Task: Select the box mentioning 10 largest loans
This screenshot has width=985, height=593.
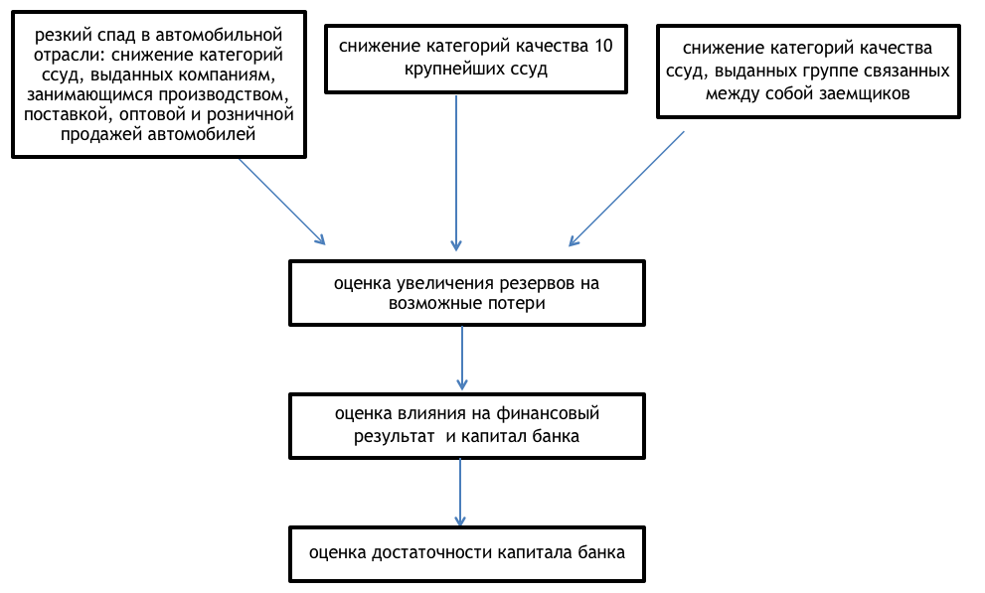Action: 476,59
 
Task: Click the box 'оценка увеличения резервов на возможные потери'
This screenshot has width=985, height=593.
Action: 466,293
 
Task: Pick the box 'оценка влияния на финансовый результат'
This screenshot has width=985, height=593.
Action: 466,423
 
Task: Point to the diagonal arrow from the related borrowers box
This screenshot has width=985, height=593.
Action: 626,188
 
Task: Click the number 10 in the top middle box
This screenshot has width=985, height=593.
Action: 601,47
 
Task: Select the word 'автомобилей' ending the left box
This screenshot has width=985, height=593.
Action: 212,136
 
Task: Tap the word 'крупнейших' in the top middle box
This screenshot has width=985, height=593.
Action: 450,71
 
